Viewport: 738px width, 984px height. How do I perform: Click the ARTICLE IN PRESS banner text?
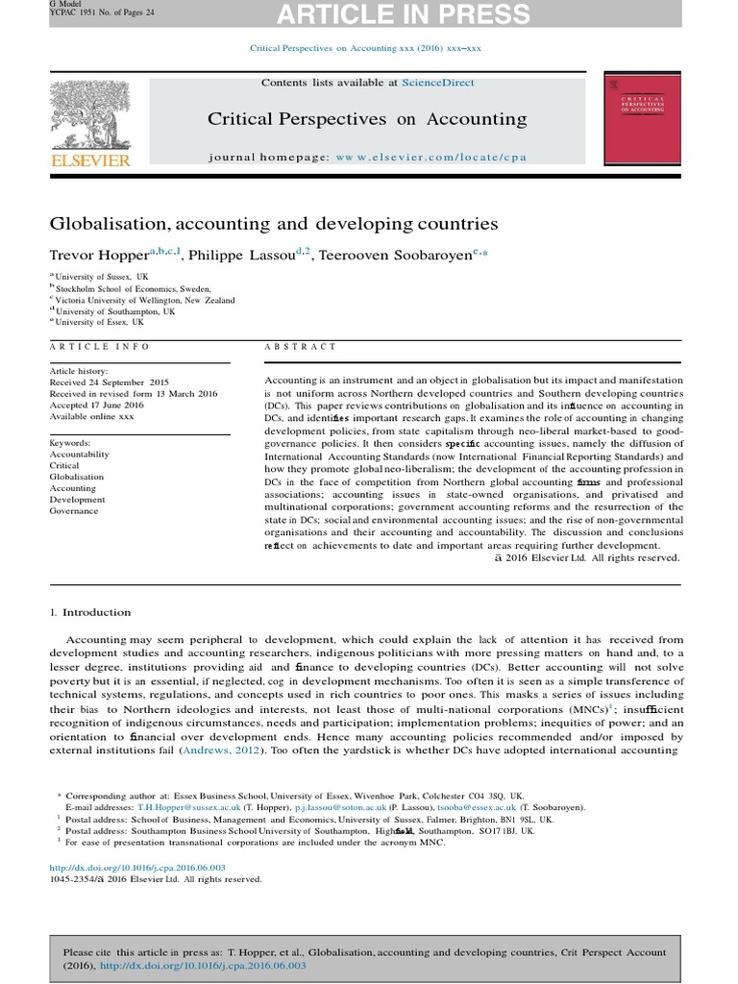pos(430,14)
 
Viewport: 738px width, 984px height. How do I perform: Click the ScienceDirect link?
pos(438,84)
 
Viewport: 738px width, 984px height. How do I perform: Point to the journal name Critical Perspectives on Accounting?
pos(367,119)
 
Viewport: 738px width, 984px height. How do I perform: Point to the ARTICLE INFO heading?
pos(99,346)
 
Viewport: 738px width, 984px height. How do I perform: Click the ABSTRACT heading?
pos(301,346)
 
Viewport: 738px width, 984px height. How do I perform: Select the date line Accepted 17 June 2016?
pos(96,405)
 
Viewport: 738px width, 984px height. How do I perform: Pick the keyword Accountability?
pos(80,455)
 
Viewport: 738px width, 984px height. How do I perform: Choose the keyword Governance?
pos(74,511)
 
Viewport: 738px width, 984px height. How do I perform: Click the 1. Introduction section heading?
pos(90,612)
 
